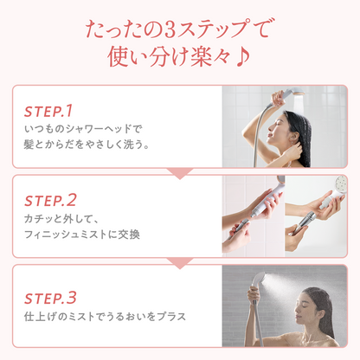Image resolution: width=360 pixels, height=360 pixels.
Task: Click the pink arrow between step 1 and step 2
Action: (179, 173)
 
